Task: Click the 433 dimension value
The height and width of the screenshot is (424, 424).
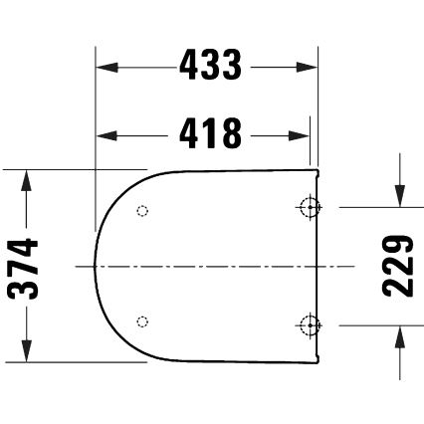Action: (x=210, y=67)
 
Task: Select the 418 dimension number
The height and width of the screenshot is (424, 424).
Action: (x=210, y=131)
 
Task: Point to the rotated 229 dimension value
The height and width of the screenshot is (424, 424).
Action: (x=398, y=266)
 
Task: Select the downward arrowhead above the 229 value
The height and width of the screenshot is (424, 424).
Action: (x=398, y=197)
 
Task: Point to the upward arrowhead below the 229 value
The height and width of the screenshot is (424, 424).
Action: (x=398, y=335)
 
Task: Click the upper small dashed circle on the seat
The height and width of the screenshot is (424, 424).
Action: (x=141, y=211)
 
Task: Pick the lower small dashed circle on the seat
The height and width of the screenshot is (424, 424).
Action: (x=141, y=320)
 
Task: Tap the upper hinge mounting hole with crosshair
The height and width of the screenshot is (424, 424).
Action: (x=310, y=207)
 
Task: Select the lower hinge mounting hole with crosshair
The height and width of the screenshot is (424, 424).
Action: (x=310, y=324)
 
